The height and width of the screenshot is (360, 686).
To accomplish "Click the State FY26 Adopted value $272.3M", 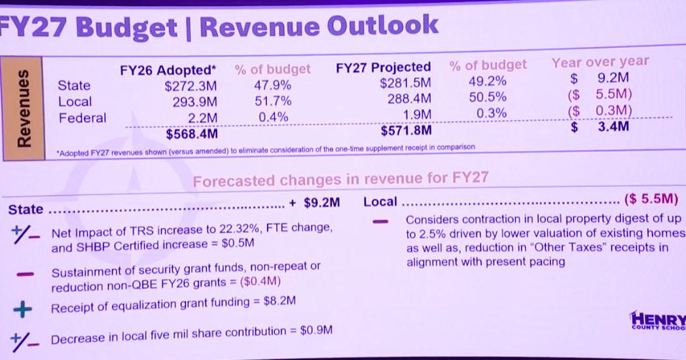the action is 190,86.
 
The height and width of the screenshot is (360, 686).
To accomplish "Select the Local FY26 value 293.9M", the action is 194,102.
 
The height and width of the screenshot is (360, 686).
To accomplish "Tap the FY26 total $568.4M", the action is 192,134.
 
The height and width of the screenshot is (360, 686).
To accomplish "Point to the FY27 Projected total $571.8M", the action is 406,130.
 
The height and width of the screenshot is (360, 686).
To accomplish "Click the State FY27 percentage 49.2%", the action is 488,81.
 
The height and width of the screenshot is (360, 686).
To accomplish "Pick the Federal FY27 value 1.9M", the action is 417,115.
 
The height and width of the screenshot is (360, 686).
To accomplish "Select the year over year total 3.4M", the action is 613,126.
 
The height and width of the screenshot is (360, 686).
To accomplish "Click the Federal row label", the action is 82,118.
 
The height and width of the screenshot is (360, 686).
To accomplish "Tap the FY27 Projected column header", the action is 383,67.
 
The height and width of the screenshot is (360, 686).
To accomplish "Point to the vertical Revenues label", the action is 24,107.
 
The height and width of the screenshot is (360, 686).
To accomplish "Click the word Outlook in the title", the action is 382,26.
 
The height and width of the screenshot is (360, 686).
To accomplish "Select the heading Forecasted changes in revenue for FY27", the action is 340,179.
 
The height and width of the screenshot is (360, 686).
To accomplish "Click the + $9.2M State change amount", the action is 315,202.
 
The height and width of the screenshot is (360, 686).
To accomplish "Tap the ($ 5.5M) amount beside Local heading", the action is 651,199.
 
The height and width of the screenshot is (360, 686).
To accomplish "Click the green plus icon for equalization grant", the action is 23,309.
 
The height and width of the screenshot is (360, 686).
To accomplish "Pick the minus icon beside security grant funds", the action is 25,274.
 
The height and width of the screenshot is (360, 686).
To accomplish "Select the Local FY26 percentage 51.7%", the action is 273,101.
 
